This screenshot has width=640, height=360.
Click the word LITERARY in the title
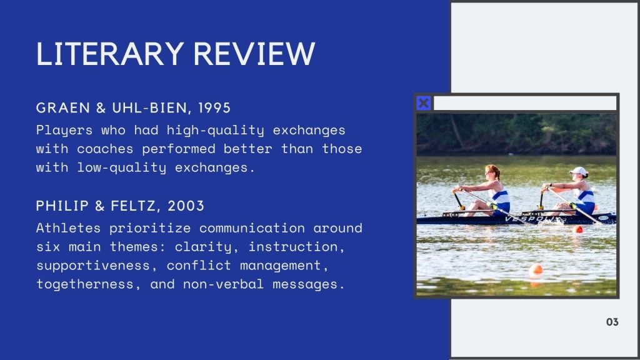point(110,54)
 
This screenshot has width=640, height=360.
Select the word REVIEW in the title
point(254,54)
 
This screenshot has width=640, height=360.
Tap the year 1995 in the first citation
point(214,107)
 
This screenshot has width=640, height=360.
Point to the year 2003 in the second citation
point(186,206)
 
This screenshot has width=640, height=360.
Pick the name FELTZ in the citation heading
point(133,206)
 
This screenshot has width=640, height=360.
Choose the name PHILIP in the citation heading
point(62,206)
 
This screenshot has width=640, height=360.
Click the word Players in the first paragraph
point(64,131)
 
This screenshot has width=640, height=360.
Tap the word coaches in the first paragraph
point(105,149)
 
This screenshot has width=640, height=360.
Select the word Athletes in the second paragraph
point(68,227)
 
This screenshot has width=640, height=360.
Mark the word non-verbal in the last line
point(223,284)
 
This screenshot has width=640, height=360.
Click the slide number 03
point(612,322)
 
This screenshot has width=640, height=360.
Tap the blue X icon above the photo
point(424,103)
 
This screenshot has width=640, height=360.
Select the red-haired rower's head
point(492,172)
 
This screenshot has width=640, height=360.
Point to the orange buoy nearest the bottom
point(536,269)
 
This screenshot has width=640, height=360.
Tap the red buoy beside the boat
point(577,229)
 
